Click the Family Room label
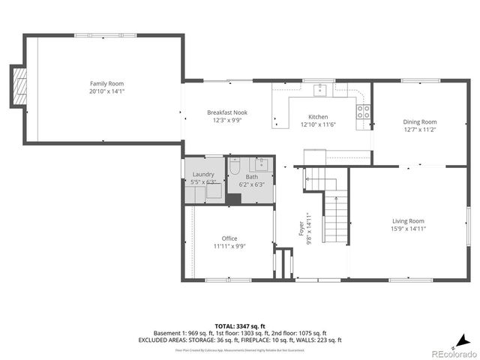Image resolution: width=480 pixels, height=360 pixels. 106,83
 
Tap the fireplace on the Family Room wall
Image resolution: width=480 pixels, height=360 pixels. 18,87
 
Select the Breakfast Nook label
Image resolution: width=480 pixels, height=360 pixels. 227,112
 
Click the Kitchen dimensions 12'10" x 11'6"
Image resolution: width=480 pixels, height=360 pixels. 318,124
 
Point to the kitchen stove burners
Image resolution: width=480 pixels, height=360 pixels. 363,112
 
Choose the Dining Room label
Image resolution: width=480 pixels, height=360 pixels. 419,121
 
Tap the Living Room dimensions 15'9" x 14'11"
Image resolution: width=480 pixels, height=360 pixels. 408,229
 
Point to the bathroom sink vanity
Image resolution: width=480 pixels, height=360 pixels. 262,165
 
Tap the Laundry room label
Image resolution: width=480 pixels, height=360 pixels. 203,174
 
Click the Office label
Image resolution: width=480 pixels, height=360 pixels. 229,238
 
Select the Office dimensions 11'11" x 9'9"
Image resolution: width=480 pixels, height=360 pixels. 229,246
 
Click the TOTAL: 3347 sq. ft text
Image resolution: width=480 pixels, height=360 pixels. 240,326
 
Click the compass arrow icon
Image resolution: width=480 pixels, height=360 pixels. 465,339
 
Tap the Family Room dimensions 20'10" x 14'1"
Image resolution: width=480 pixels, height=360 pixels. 106,91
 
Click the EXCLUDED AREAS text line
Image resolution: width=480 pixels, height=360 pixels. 240,340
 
